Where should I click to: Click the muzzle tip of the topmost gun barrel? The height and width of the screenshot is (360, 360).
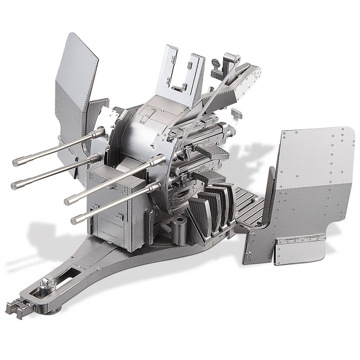[16, 162]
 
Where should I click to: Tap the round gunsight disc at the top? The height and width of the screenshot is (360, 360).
[215, 63]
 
